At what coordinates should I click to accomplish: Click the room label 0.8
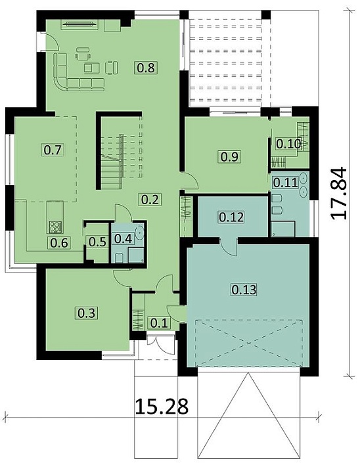[146, 68]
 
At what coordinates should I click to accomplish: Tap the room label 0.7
[53, 150]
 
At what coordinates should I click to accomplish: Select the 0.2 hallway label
[150, 200]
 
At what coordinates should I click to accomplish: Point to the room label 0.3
[87, 313]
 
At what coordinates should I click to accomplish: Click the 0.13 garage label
[244, 290]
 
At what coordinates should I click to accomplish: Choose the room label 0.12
[231, 217]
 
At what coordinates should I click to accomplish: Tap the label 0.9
[229, 156]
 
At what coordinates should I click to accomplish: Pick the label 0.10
[288, 144]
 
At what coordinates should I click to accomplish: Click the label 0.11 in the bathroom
[285, 182]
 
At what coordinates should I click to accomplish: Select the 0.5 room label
[97, 242]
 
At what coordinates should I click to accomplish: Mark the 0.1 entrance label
[160, 323]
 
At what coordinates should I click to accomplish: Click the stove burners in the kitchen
[55, 227]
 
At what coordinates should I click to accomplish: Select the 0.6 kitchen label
[59, 243]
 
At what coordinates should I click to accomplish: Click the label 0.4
[122, 238]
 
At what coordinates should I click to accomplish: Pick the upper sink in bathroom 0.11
[304, 178]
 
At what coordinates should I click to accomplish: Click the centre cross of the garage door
[248, 343]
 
